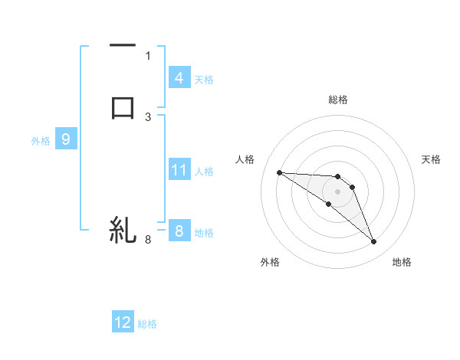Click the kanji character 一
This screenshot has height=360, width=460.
(x=123, y=47)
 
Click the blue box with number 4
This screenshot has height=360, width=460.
(x=179, y=77)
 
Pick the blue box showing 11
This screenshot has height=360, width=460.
(x=179, y=170)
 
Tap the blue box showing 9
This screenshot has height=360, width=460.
(x=66, y=139)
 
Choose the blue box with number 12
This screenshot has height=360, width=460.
(x=123, y=322)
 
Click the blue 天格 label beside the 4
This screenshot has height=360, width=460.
(x=203, y=79)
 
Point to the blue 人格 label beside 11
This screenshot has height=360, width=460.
(x=205, y=172)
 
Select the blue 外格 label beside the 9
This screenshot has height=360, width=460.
(x=41, y=141)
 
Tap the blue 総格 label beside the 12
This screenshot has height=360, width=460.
(x=147, y=324)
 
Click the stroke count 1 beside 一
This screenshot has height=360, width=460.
(x=148, y=55)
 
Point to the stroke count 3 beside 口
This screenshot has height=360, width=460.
(x=148, y=116)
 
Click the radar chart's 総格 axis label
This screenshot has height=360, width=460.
(x=337, y=100)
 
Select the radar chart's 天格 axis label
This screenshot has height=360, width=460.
(x=431, y=159)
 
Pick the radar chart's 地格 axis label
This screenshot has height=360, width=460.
(x=402, y=262)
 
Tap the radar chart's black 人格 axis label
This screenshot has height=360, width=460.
(x=245, y=159)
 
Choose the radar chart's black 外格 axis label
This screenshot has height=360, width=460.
(x=270, y=262)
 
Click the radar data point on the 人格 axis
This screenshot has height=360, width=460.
(x=280, y=172)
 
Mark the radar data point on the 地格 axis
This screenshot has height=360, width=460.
(x=373, y=242)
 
